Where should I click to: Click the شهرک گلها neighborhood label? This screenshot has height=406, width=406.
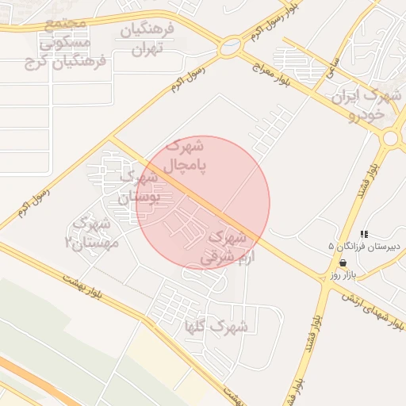[216, 327]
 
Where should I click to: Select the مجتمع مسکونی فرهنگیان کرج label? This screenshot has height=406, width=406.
[66, 42]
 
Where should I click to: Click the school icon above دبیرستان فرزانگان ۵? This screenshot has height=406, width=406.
[364, 234]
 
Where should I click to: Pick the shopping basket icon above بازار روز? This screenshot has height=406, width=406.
[343, 262]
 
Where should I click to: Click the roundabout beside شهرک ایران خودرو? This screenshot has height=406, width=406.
[390, 138]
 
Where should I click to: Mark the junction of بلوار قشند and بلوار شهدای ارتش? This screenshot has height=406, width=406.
[325, 286]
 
